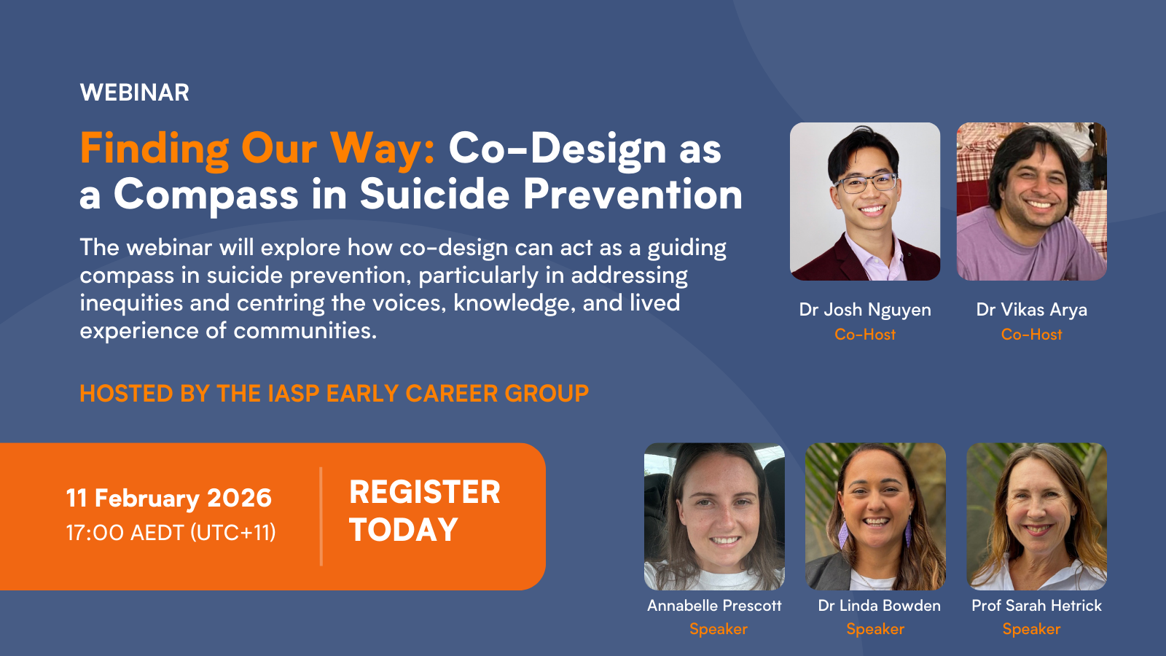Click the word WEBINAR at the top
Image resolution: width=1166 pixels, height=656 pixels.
(135, 93)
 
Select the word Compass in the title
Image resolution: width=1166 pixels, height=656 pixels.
(206, 195)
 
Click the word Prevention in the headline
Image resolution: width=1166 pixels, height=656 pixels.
(633, 195)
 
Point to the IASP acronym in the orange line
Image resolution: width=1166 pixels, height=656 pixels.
(294, 394)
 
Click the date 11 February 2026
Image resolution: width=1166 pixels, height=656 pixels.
(168, 498)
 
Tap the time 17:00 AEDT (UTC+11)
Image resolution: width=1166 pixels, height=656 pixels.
(171, 533)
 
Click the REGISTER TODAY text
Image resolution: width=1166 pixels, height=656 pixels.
(424, 510)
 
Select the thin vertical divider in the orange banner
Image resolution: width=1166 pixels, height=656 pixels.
(321, 516)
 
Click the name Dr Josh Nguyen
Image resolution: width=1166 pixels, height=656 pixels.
(865, 310)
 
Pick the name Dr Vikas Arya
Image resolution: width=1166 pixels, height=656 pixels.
(1031, 310)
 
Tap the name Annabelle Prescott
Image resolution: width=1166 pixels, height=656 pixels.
(714, 606)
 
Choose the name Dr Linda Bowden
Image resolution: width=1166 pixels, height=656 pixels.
(879, 606)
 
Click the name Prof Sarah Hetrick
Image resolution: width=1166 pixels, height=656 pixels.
(1036, 606)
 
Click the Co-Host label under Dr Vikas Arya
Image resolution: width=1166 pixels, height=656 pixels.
(1031, 335)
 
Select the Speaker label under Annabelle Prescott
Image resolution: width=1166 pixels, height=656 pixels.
(718, 629)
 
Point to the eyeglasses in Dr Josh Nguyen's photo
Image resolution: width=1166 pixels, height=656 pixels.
(866, 182)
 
